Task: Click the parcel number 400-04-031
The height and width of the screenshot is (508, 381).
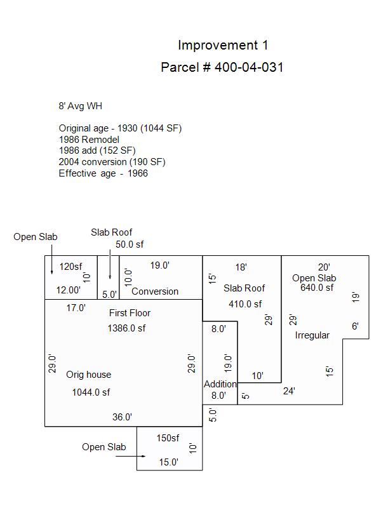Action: [222, 67]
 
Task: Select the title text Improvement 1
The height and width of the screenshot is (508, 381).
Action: [223, 45]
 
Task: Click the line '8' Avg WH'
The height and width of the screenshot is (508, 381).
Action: [80, 106]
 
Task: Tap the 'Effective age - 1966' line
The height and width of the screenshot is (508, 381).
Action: [104, 173]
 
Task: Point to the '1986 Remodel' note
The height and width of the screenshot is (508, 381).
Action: [89, 139]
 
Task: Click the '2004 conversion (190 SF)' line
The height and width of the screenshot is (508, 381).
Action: [112, 162]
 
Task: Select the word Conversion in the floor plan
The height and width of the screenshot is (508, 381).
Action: [155, 291]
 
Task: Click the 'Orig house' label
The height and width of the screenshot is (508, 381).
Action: [88, 375]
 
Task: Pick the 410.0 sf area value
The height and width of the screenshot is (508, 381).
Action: [246, 304]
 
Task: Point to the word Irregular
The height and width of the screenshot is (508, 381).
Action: [312, 335]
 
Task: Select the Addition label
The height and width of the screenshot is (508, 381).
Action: [220, 384]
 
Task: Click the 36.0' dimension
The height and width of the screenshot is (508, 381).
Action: [122, 417]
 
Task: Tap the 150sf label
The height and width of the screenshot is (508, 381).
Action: [168, 438]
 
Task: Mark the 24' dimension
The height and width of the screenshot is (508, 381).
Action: [289, 391]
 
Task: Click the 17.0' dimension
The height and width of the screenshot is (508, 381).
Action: [76, 308]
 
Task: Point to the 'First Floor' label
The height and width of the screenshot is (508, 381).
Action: [130, 313]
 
